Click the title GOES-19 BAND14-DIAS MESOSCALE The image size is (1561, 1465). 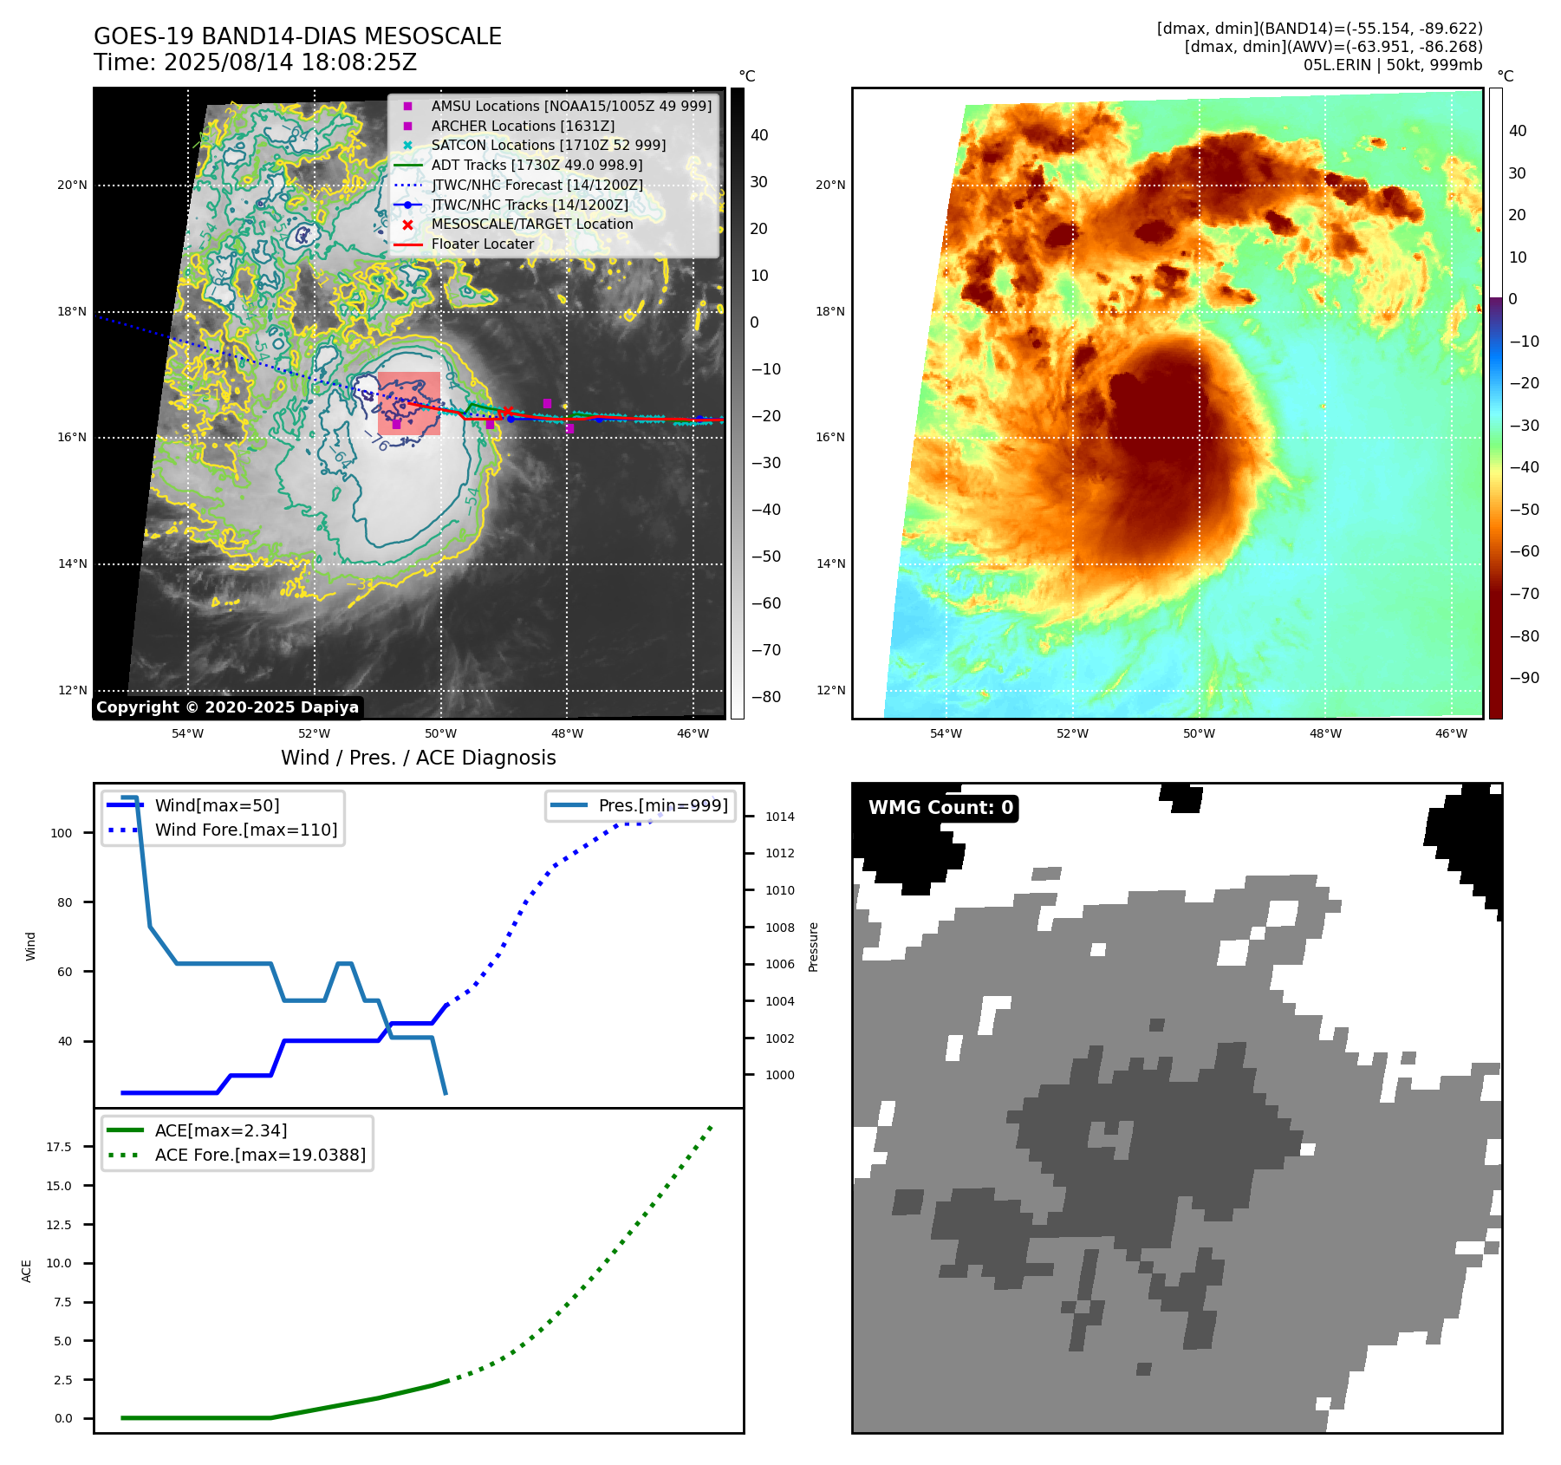297,36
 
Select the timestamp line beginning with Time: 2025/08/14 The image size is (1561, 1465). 255,62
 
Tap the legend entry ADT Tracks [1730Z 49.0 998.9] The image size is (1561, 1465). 537,165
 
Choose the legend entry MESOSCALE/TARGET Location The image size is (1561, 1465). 531,224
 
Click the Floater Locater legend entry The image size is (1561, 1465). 482,244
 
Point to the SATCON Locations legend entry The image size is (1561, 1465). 548,145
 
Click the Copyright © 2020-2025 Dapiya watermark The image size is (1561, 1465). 227,707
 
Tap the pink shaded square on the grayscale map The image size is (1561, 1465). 409,403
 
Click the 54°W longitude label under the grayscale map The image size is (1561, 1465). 187,733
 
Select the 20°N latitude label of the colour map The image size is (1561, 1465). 830,185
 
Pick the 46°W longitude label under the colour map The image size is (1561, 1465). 1451,733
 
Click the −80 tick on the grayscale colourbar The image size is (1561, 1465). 765,697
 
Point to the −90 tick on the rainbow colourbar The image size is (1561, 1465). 1524,678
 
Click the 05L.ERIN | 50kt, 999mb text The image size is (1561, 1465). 1392,65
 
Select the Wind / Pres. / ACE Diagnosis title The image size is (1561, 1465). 418,758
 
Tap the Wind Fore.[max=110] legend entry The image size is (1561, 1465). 245,830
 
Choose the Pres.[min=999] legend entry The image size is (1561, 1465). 662,805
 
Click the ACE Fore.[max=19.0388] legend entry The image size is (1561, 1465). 260,1155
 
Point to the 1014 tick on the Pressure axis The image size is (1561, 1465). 779,817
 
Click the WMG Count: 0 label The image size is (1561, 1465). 940,808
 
